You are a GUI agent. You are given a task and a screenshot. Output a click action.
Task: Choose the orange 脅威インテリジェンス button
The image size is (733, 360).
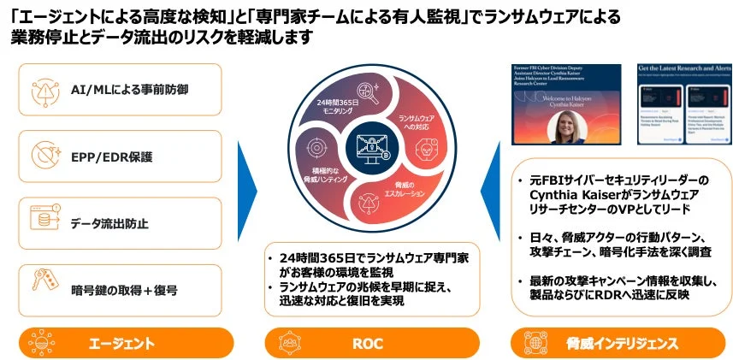pos(621,343)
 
